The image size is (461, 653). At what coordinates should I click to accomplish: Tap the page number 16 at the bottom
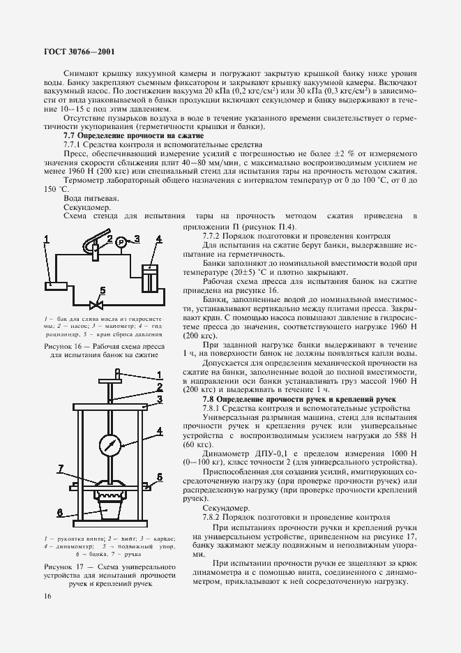coord(46,595)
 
